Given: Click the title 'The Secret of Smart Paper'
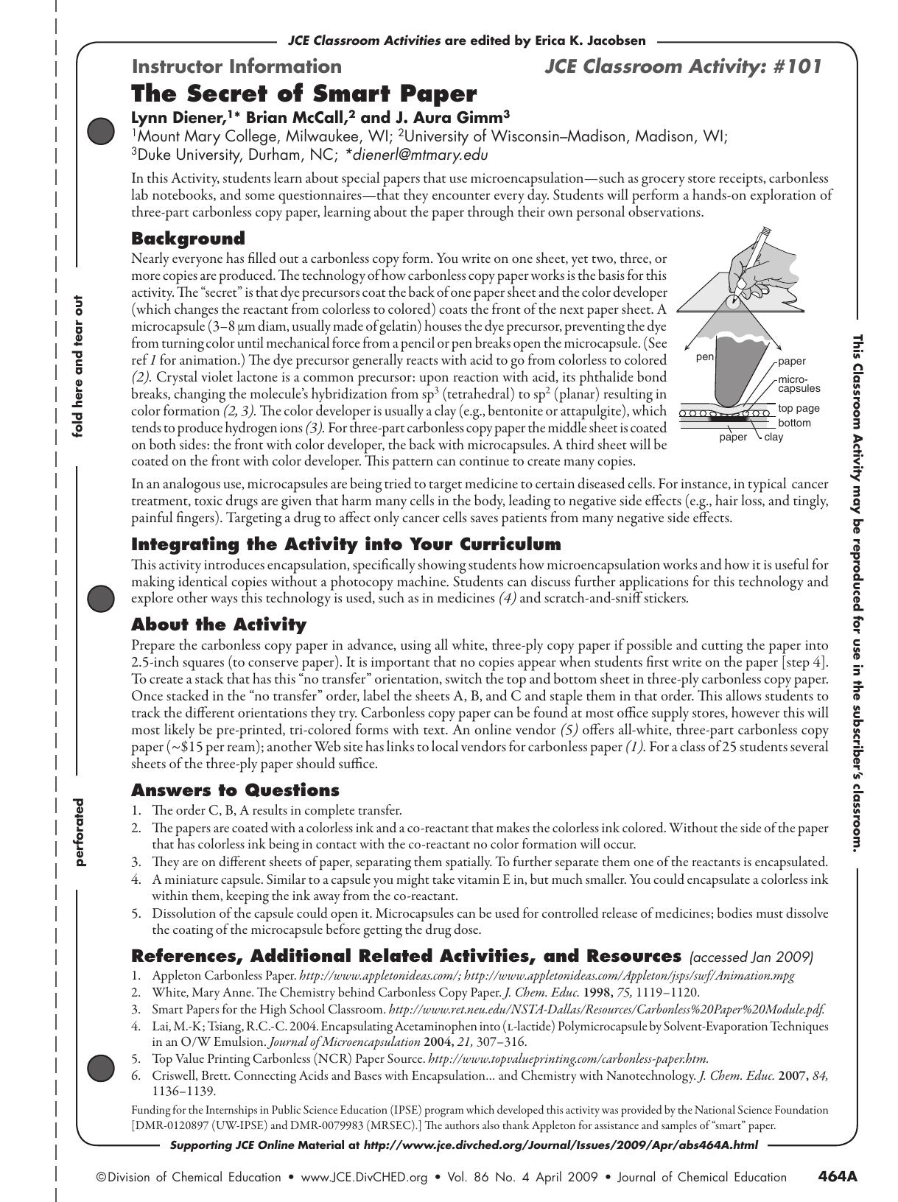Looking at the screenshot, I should tap(304, 94).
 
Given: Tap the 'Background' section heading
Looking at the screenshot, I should tap(188, 239).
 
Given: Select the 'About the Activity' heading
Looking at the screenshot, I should tap(218, 625).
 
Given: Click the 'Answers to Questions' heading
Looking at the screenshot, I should tap(235, 790).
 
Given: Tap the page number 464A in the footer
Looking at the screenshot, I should tap(838, 1176).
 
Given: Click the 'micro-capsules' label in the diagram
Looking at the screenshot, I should tap(799, 383).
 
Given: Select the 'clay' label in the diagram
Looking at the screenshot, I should tap(774, 437).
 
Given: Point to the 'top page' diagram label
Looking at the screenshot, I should tap(799, 408).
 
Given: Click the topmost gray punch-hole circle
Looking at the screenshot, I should tap(100, 131).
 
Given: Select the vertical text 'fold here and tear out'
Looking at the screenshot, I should tap(77, 366).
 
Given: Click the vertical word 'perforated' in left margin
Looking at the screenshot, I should tap(78, 832).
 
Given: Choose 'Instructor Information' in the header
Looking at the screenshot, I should tap(236, 67).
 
